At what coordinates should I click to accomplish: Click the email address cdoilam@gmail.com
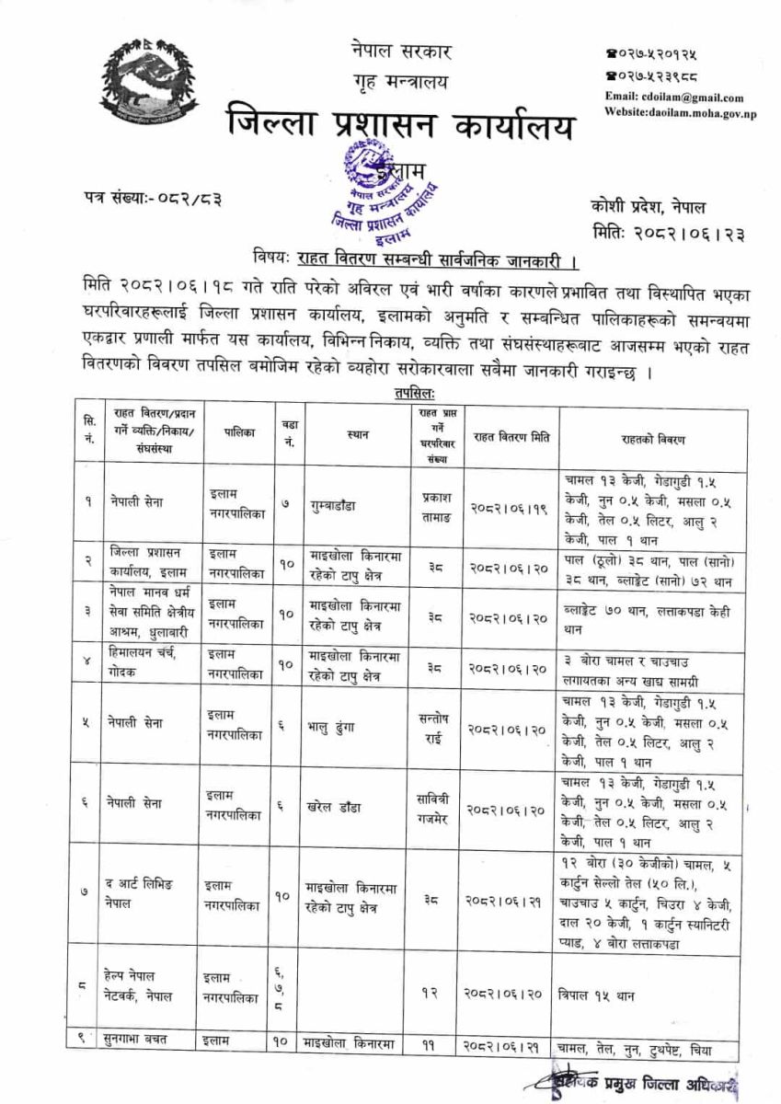tap(673, 98)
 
